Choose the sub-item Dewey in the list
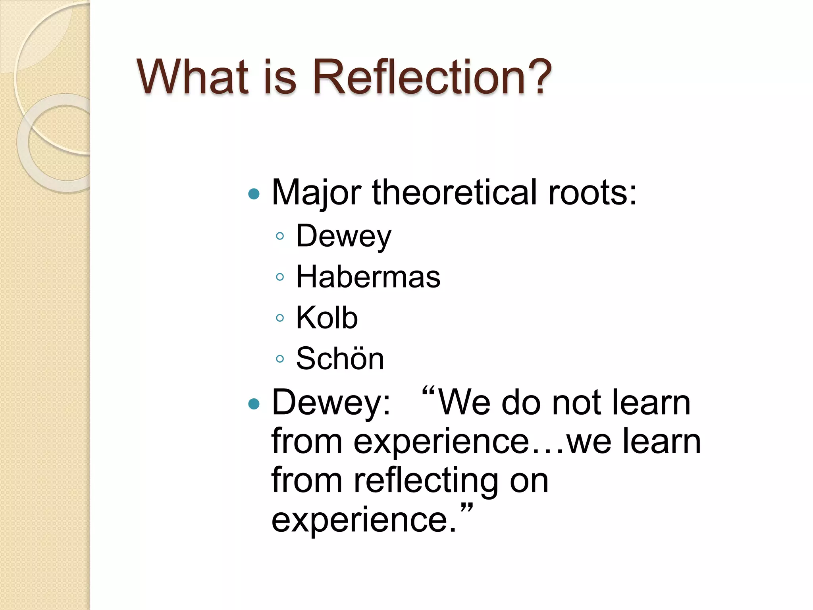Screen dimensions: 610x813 344,237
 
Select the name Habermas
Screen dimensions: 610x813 368,277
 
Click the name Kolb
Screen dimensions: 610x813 327,318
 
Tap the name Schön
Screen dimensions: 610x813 340,359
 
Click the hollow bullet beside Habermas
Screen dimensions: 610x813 280,277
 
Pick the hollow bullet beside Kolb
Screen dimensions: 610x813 280,318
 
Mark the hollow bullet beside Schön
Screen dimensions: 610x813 280,359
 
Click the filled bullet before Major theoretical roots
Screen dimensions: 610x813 253,194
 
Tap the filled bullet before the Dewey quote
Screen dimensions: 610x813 253,404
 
